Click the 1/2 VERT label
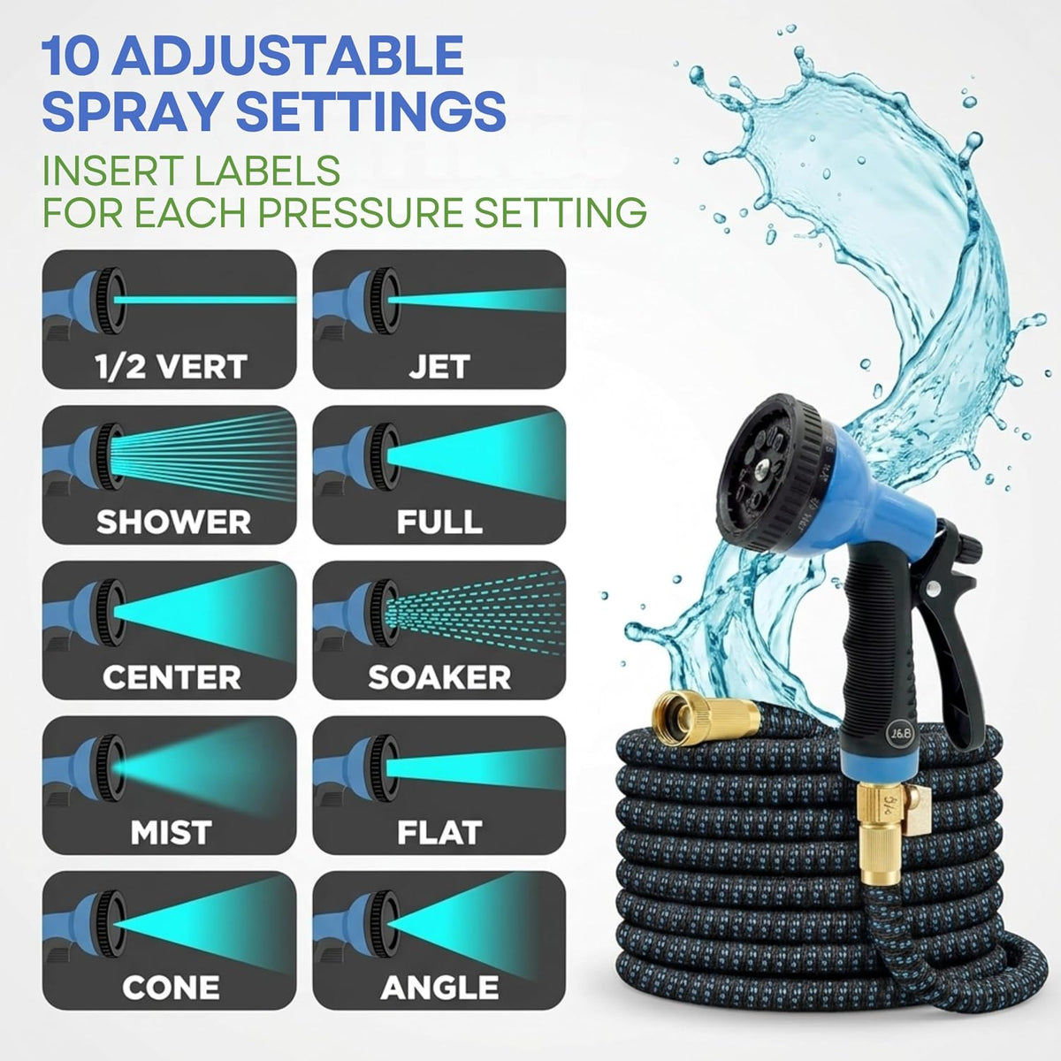pyautogui.click(x=171, y=367)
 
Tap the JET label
pyautogui.click(x=439, y=367)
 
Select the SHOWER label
pyautogui.click(x=173, y=522)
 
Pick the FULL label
pyautogui.click(x=439, y=522)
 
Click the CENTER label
pyautogui.click(x=172, y=677)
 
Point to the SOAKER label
pyautogui.click(x=439, y=677)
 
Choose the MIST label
pyautogui.click(x=172, y=833)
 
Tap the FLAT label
pyautogui.click(x=439, y=833)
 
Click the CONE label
pyautogui.click(x=171, y=988)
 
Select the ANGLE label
pyautogui.click(x=439, y=988)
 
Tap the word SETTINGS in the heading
pyautogui.click(x=371, y=111)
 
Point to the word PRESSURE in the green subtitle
pyautogui.click(x=360, y=212)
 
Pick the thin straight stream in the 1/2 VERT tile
pyautogui.click(x=205, y=300)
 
